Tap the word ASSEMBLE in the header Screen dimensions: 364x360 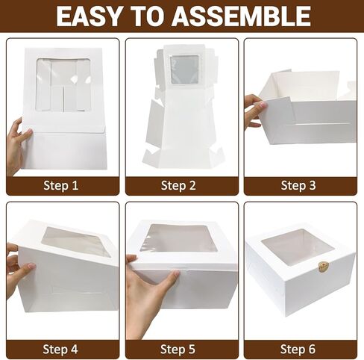(242, 16)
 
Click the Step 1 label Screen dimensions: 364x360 (61, 186)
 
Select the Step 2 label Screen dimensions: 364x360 (178, 186)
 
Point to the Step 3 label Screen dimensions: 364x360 (298, 186)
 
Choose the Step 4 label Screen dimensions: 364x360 (60, 349)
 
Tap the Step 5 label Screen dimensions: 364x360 (178, 349)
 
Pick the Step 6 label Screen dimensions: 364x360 (298, 349)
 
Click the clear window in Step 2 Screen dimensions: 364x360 (184, 69)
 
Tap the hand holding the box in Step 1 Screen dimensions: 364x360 (16, 147)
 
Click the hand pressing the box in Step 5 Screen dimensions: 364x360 (149, 297)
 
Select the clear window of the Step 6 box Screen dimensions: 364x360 (298, 247)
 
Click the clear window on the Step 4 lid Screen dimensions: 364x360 (75, 240)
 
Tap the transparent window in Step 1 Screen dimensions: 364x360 (63, 84)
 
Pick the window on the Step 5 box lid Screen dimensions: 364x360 (178, 238)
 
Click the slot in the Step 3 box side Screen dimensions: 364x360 (322, 124)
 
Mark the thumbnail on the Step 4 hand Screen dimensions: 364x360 (31, 266)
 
